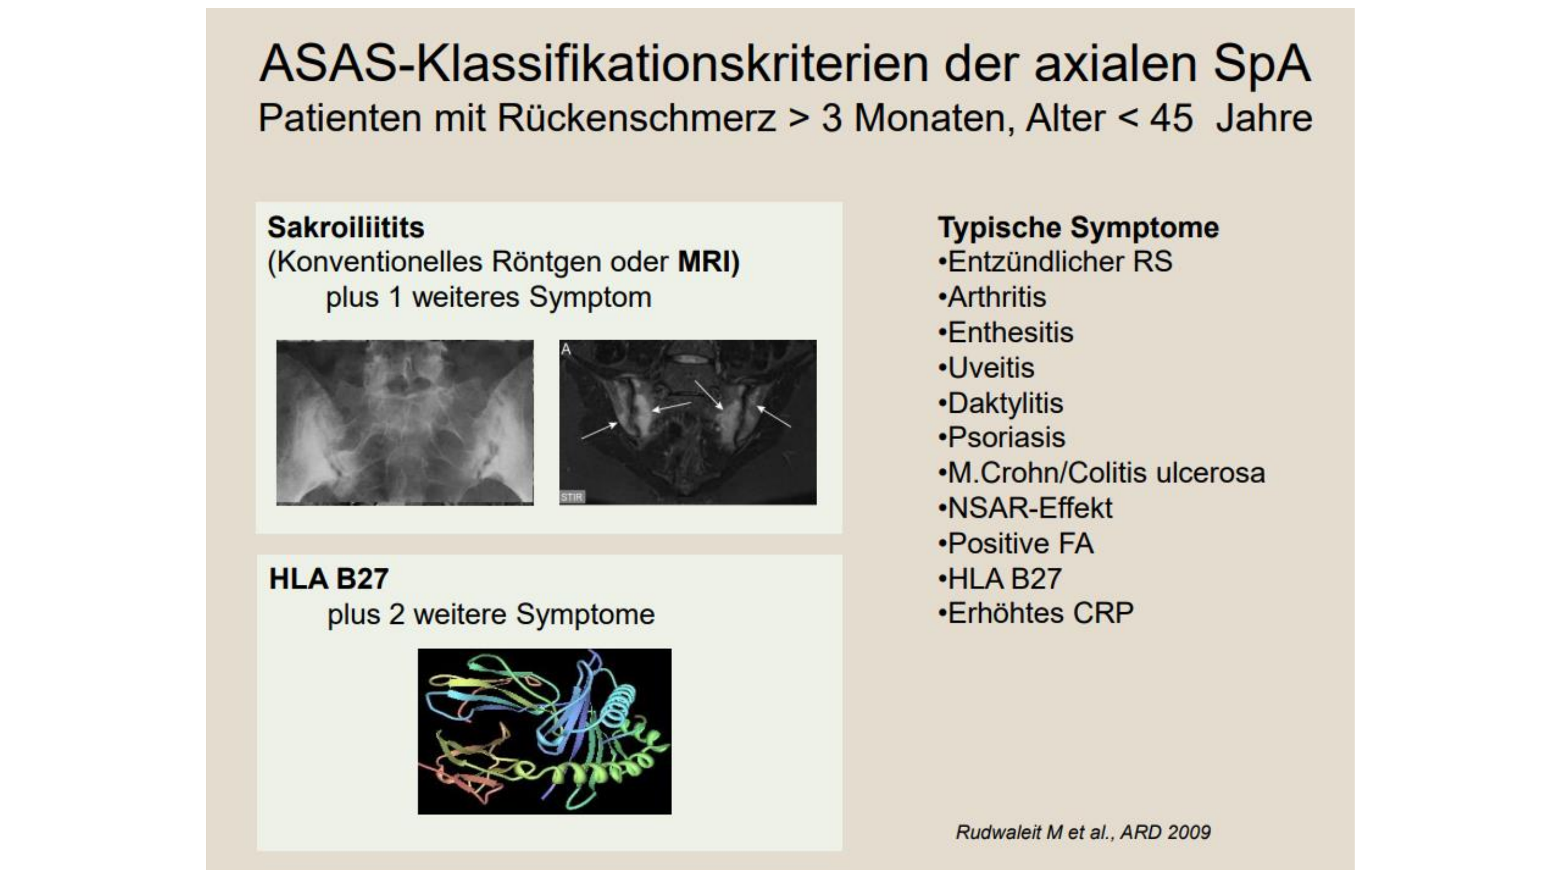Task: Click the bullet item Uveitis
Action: [986, 368]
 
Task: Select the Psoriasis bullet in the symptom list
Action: [1001, 437]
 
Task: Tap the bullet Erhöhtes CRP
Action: [1035, 613]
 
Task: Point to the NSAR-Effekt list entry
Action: [1025, 507]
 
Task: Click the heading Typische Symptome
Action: [1079, 228]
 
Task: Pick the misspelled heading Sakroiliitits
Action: [346, 228]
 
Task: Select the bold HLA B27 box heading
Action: [328, 579]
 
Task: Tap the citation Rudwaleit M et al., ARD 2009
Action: [1083, 832]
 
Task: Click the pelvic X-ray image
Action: [405, 423]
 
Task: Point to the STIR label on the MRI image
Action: [571, 497]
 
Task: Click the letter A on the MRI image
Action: [566, 349]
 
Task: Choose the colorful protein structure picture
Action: [544, 731]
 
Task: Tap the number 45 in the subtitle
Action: [1171, 118]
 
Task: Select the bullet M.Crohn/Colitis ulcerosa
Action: [1101, 472]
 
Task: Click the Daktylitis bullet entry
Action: [1000, 403]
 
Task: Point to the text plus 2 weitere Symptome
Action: [491, 615]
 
